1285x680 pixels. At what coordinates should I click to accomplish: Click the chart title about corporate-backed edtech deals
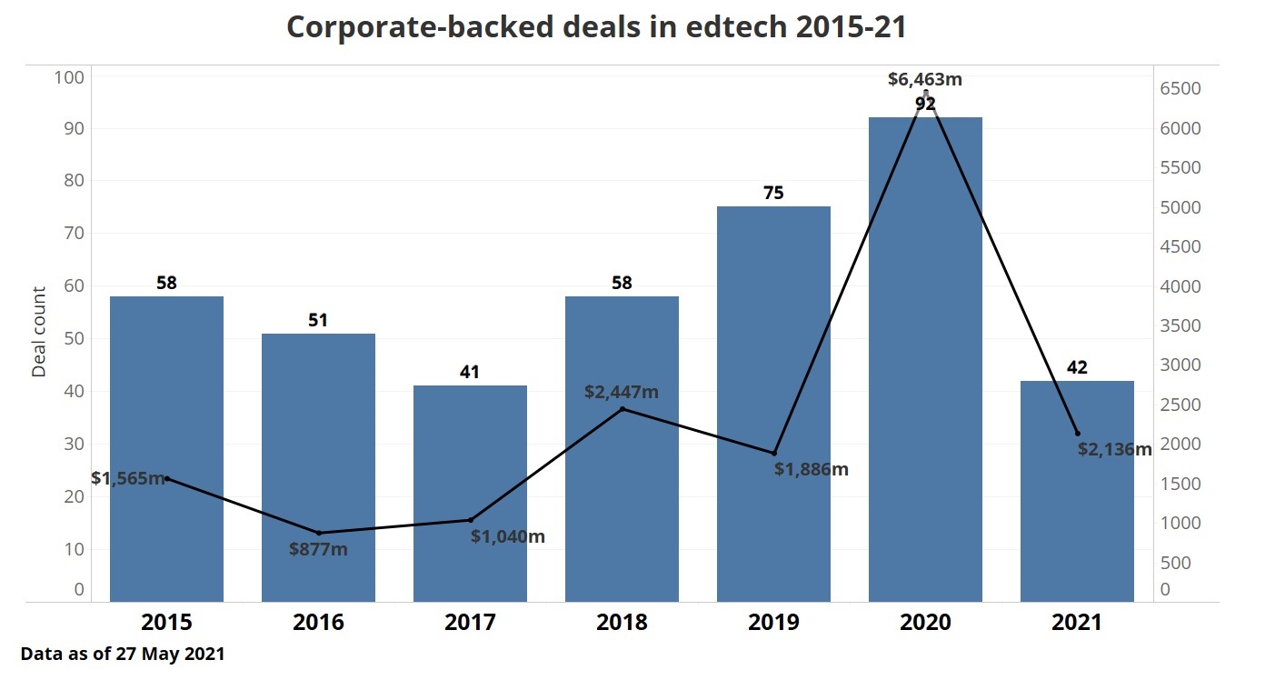596,27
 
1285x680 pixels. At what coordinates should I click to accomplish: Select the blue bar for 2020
925,364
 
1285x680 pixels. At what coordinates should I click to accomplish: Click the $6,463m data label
925,79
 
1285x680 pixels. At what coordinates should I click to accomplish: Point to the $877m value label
318,549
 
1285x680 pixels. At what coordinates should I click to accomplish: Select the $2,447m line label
622,393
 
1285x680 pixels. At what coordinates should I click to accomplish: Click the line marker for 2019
774,453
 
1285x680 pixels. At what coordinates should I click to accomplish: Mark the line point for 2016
319,533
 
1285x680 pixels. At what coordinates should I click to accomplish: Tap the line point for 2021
1077,434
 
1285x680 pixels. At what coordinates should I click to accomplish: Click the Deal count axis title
39,332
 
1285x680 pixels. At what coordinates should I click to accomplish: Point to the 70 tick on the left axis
72,234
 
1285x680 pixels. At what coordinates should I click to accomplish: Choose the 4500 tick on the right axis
1179,247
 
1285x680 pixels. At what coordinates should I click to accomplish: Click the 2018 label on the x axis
622,623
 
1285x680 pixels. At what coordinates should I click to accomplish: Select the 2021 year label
1077,623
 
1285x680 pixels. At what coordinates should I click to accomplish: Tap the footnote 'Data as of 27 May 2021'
122,654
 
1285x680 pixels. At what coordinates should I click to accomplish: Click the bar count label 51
318,320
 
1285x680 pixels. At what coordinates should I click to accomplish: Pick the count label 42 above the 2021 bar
1077,367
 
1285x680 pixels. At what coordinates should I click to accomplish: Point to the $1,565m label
128,478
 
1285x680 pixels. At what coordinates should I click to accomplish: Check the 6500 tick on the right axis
1179,89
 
